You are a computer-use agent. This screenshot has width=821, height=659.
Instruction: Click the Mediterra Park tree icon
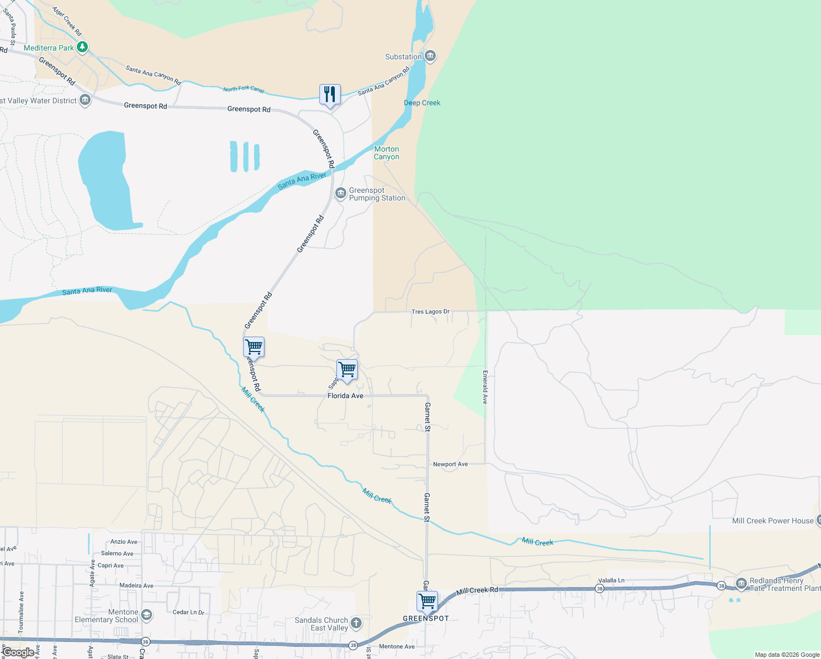point(82,47)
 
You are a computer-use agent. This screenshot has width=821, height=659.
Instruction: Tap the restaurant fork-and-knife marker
point(330,94)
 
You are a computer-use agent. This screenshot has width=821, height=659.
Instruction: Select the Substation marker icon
point(431,56)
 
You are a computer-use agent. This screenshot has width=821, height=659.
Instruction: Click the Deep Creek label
point(422,103)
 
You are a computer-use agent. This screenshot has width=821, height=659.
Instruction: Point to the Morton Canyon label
point(386,153)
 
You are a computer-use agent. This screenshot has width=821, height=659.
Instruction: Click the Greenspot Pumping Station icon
point(341,193)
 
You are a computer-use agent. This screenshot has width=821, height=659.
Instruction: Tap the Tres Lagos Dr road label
point(430,311)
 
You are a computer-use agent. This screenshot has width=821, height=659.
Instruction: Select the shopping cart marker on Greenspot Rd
point(254,347)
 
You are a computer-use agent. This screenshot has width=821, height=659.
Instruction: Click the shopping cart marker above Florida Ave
point(347,370)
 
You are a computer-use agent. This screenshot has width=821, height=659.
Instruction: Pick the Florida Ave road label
point(345,395)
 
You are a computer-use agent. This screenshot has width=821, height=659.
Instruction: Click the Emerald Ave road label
point(485,387)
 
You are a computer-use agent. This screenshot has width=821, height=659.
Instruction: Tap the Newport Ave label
point(450,464)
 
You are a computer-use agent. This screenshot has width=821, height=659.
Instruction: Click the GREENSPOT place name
point(426,618)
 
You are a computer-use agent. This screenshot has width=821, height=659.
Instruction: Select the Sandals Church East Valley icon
point(356,623)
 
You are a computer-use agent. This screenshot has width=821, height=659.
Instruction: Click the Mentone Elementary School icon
point(147,615)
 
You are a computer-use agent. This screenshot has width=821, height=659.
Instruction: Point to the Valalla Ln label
point(611,580)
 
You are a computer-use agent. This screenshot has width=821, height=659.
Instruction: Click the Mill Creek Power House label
point(773,521)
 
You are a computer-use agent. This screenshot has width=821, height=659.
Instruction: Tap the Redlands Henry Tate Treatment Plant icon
point(741,583)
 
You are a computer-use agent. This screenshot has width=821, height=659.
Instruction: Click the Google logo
point(18,652)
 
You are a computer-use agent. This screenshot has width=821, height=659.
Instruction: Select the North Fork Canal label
point(244,90)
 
